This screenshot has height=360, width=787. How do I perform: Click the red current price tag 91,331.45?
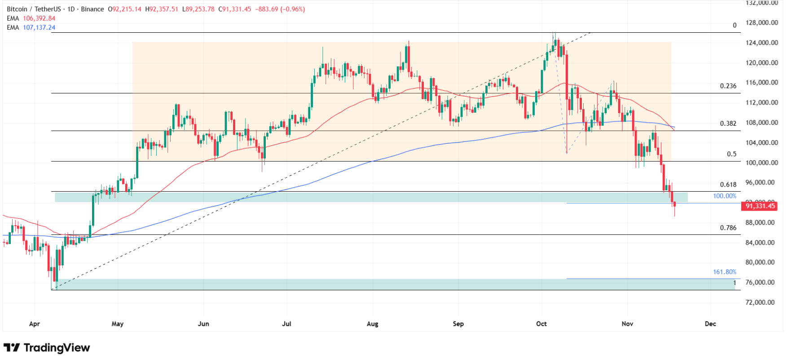[x=760, y=206]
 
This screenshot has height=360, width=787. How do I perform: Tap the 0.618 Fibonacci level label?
[x=728, y=184]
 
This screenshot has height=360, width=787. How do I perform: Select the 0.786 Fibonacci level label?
[x=728, y=228]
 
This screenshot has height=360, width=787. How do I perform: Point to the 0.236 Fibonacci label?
[x=728, y=86]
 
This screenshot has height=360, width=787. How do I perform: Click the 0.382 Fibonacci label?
[x=728, y=123]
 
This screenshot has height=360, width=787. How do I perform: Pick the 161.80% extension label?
[x=724, y=272]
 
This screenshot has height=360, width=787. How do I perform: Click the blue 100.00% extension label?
[x=724, y=196]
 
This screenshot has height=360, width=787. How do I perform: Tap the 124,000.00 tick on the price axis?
[x=761, y=43]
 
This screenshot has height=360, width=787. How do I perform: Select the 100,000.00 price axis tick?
[x=761, y=162]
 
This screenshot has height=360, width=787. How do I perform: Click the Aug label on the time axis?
[x=372, y=324]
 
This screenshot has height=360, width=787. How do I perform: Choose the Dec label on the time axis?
[x=710, y=324]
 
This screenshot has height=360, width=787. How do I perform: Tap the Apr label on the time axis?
[x=34, y=324]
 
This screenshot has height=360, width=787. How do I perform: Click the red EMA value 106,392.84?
[x=39, y=18]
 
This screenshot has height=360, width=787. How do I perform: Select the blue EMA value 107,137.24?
[x=39, y=27]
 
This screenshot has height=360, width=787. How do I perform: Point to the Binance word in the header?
[x=92, y=9]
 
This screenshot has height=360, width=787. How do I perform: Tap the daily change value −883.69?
[x=266, y=9]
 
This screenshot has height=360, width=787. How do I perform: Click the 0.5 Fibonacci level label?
[x=731, y=154]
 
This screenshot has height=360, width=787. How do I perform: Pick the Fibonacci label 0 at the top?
[x=734, y=25]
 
